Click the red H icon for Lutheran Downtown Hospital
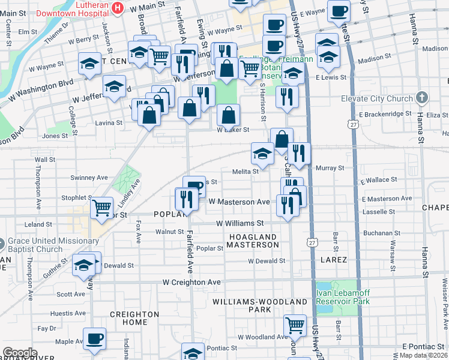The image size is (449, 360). click(118, 7)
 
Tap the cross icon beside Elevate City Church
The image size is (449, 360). click(423, 98)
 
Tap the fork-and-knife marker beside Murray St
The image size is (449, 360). click(298, 154)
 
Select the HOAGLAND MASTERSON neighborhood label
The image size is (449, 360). click(253, 241)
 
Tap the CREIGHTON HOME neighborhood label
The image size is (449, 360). click(134, 318)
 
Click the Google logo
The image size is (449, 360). click(20, 353)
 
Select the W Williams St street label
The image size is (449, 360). click(240, 223)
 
